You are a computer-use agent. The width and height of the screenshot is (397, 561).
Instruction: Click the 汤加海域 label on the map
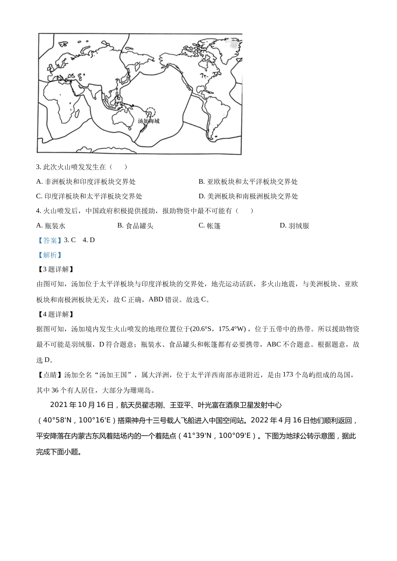pyautogui.click(x=148, y=121)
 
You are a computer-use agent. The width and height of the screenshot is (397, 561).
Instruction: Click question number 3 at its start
pyautogui.click(x=39, y=167)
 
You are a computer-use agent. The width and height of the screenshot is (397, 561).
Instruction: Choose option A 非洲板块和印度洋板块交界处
pyautogui.click(x=86, y=182)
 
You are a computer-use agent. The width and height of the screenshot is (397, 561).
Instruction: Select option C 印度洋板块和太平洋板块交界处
pyautogui.click(x=89, y=196)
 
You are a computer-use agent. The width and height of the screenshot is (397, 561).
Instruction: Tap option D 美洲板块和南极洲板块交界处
pyautogui.click(x=248, y=196)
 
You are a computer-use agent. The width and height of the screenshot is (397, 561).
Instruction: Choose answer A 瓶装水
pyautogui.click(x=51, y=226)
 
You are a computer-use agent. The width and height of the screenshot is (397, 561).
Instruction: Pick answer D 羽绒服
pyautogui.click(x=294, y=226)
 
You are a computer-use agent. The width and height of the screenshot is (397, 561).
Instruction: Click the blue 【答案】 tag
pyautogui.click(x=49, y=240)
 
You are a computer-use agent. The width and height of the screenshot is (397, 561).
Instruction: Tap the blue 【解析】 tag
pyautogui.click(x=49, y=255)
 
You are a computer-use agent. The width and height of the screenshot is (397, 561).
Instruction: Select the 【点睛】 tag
pyautogui.click(x=49, y=375)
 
